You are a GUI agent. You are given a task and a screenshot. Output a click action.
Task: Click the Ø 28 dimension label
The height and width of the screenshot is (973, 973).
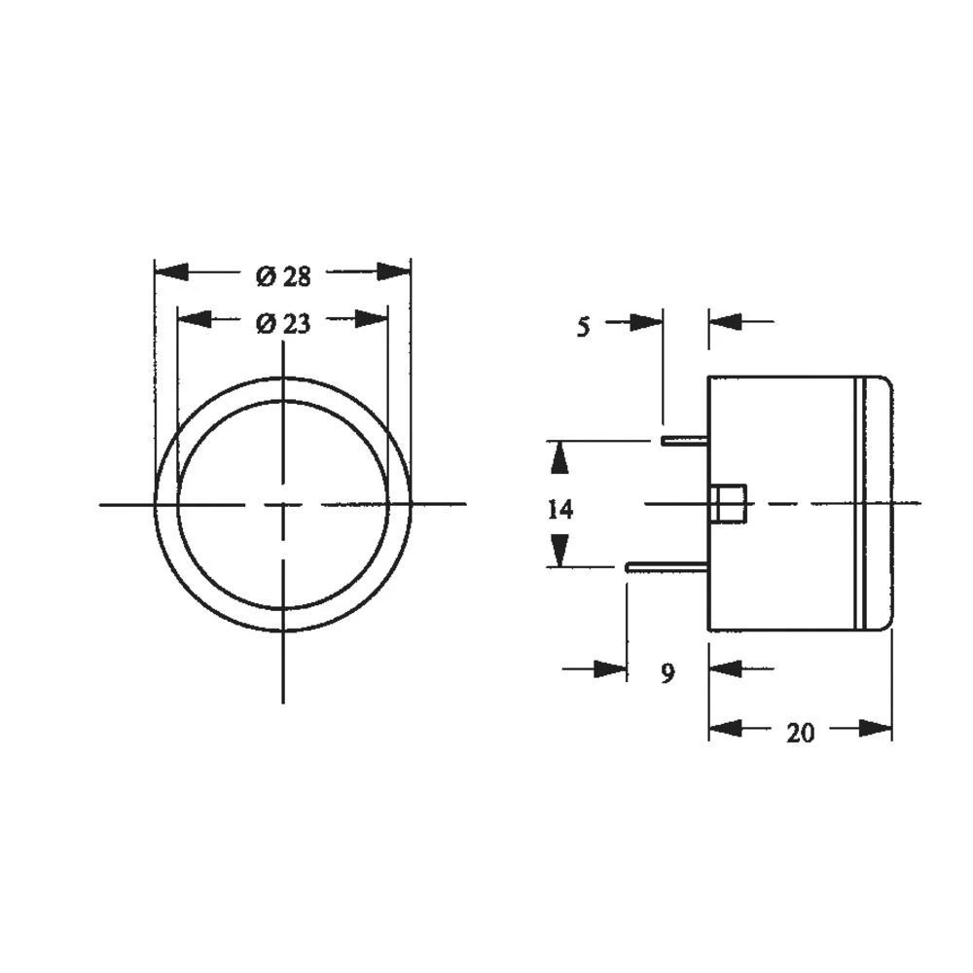pyautogui.click(x=283, y=276)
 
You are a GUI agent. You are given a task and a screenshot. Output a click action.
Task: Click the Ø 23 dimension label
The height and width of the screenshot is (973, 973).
pyautogui.click(x=283, y=324)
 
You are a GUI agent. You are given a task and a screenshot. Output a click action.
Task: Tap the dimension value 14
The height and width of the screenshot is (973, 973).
pyautogui.click(x=559, y=509)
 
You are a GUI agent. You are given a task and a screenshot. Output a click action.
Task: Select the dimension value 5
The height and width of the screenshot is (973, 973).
pyautogui.click(x=583, y=327)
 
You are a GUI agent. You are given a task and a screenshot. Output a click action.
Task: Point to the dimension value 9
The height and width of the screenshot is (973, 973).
pyautogui.click(x=667, y=673)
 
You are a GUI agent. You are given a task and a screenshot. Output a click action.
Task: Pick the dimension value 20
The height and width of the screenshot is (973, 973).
pyautogui.click(x=800, y=734)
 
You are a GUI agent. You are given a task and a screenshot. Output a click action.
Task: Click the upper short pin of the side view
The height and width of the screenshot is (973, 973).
pyautogui.click(x=684, y=440)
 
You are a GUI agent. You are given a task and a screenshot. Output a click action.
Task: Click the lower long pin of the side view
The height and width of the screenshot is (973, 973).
pyautogui.click(x=667, y=565)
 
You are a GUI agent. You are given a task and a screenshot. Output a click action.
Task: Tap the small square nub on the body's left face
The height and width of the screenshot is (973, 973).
pyautogui.click(x=728, y=503)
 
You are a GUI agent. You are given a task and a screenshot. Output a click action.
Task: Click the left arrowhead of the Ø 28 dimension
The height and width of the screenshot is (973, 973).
pyautogui.click(x=170, y=271)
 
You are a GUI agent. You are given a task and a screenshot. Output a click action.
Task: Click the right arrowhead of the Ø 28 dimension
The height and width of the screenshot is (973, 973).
pyautogui.click(x=394, y=271)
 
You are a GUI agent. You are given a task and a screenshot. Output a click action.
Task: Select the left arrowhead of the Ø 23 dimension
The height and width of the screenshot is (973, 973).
pyautogui.click(x=193, y=319)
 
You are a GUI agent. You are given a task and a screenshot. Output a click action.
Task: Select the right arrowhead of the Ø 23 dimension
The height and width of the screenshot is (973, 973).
pyautogui.click(x=372, y=319)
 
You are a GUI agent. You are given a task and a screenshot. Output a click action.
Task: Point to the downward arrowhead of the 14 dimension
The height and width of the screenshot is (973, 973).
pyautogui.click(x=559, y=553)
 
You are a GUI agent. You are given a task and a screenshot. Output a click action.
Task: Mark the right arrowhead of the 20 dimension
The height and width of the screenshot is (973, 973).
pyautogui.click(x=876, y=728)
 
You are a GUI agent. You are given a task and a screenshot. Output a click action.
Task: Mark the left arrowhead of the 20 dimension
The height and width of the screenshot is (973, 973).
pyautogui.click(x=725, y=728)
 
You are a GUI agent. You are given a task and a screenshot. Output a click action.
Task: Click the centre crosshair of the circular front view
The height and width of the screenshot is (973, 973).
pyautogui.click(x=283, y=504)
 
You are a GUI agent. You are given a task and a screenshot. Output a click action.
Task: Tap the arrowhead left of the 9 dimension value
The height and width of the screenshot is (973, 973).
pyautogui.click(x=611, y=668)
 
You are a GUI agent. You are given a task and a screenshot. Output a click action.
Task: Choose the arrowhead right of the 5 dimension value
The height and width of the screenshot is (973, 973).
pyautogui.click(x=646, y=321)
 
